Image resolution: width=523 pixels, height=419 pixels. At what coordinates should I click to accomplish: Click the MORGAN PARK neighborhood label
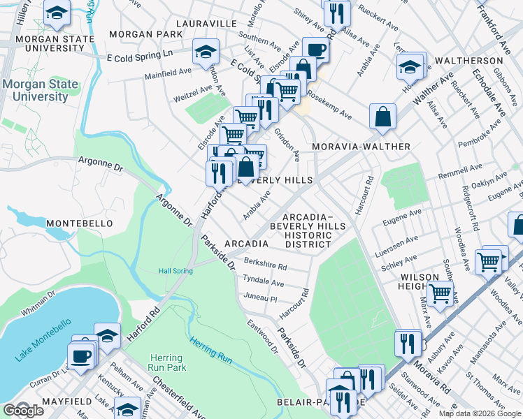[x=145, y=34]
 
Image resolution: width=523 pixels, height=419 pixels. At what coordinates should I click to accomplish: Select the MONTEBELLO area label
[x=80, y=223]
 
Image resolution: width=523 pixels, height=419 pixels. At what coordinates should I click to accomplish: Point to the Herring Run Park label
[x=166, y=362]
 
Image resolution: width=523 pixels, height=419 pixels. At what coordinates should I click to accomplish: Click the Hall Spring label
[x=174, y=271]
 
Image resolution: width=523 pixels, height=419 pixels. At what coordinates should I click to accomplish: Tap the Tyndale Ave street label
[x=262, y=281]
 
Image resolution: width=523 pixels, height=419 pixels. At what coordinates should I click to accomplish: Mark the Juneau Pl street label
[x=260, y=298]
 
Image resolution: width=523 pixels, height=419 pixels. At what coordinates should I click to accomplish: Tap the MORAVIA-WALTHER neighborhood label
[x=361, y=147]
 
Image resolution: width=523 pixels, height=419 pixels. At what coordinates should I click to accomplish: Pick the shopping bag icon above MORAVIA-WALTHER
[x=382, y=118]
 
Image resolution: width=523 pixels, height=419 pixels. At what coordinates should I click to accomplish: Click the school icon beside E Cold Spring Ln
[x=206, y=52]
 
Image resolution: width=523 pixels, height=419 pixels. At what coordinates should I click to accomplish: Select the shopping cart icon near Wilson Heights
[x=440, y=294]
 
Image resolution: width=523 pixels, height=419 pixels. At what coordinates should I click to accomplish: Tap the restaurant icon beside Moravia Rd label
[x=405, y=343]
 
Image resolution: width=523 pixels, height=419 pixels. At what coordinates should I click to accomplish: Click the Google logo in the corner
[x=23, y=410]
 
